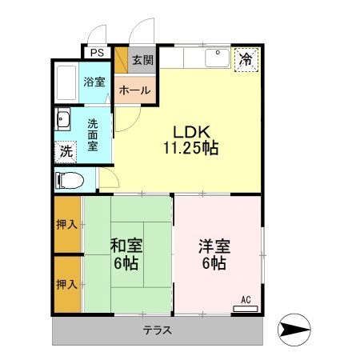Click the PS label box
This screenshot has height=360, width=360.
coord(97,53)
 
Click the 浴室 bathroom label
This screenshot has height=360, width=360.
coord(94,82)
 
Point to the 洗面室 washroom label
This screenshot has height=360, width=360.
coord(93,134)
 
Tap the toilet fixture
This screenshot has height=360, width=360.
coord(69,181)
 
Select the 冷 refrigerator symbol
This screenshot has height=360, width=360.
coord(246,60)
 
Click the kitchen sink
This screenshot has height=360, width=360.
coord(216,59)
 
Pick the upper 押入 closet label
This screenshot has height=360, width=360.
coord(67,225)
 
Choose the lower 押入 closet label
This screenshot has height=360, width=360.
coord(67,283)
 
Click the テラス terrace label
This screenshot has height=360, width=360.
coord(157,330)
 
